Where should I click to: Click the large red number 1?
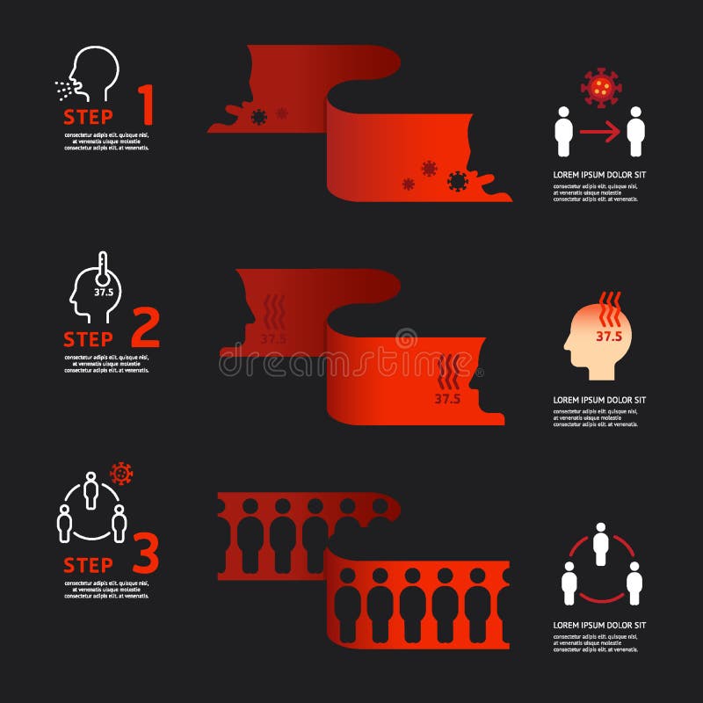click(146, 105)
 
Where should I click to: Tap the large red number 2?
click(145, 329)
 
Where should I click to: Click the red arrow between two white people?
click(598, 133)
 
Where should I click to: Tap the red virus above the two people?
click(601, 86)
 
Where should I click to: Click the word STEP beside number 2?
click(88, 339)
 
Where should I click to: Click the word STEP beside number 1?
click(88, 116)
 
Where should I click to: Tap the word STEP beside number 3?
click(88, 563)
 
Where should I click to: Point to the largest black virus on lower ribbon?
click(456, 181)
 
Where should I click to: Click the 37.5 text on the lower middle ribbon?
click(447, 398)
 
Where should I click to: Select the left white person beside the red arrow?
click(563, 133)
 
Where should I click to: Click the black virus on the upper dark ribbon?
click(258, 117)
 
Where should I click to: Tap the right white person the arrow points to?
click(636, 133)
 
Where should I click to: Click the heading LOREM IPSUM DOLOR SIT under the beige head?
click(599, 400)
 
